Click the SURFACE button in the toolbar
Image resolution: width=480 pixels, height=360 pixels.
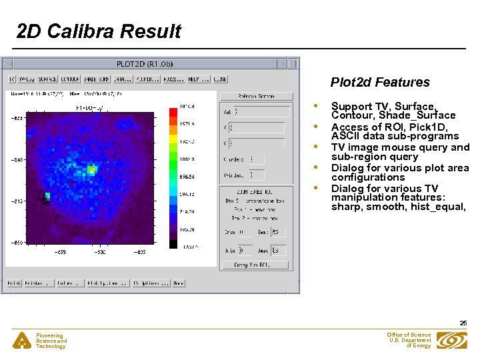tap(47, 79)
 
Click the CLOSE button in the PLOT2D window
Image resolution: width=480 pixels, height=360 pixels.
tap(221, 79)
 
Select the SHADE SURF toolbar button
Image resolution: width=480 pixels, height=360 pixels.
tap(95, 79)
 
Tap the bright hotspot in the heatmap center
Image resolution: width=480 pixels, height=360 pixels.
tap(91, 170)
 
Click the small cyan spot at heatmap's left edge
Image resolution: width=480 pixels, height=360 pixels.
tap(47, 196)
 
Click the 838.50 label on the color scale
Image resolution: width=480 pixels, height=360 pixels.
tap(187, 177)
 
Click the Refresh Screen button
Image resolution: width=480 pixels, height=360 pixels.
tap(256, 97)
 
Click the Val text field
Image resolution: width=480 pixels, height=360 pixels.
tap(261, 112)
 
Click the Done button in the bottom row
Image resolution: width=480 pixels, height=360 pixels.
tap(178, 283)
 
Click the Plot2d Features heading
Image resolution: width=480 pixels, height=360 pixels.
tap(380, 83)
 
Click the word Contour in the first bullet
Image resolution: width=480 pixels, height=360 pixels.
tap(353, 115)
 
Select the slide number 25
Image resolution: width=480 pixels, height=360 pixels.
tap(463, 323)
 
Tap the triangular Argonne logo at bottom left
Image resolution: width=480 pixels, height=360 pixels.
tap(23, 341)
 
